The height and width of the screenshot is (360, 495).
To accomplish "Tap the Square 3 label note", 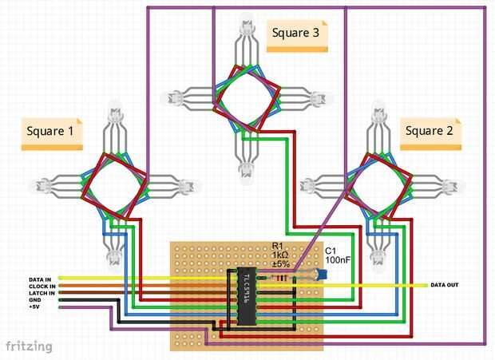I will (296, 35).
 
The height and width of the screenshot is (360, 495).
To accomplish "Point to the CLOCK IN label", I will (42, 287).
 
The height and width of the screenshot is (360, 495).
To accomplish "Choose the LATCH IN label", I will (42, 293).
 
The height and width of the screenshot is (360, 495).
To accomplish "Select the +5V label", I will (34, 307).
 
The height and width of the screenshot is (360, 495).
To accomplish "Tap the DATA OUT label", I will (445, 285).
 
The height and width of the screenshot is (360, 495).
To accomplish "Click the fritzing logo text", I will (30, 346).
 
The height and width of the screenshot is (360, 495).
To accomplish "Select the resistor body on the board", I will (281, 277).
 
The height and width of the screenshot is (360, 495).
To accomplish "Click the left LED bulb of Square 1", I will (35, 187).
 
